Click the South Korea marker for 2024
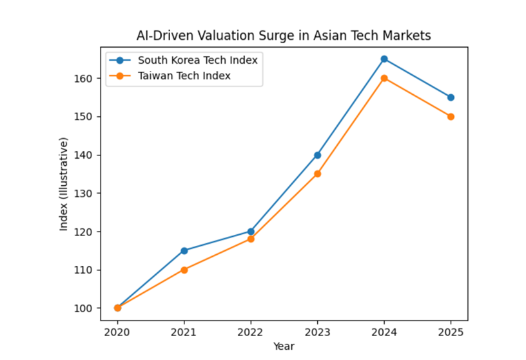pos(384,59)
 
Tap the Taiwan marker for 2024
pos(384,78)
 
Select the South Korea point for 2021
pos(184,250)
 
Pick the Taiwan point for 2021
pos(184,270)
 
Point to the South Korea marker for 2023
pos(317,155)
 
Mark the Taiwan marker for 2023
pos(317,174)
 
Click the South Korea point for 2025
pos(451,97)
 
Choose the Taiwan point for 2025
pos(451,117)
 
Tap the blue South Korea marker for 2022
pos(251,231)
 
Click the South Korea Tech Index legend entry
pos(197,61)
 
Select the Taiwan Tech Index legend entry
pos(184,75)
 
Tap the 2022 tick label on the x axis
pos(251,333)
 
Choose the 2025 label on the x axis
pos(451,333)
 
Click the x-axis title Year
pos(284,346)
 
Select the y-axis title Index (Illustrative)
pos(64,184)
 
